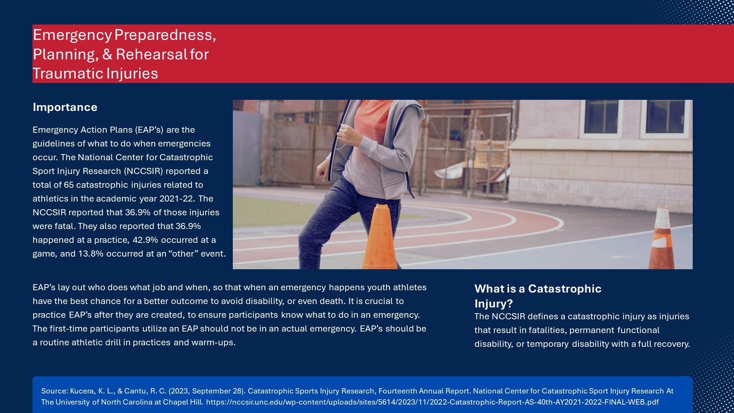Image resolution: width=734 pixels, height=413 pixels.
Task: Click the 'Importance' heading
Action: (65, 107)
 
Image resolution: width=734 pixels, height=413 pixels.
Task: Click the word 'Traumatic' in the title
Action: (68, 73)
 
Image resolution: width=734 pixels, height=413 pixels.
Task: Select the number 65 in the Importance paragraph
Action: (69, 185)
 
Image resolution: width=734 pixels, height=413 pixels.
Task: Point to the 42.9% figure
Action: (145, 240)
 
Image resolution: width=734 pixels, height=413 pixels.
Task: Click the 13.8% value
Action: (91, 254)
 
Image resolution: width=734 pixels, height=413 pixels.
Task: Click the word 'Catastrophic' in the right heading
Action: (565, 289)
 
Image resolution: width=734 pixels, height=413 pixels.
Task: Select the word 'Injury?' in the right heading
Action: (494, 304)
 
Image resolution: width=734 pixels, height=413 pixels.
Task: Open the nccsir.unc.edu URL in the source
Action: (432, 402)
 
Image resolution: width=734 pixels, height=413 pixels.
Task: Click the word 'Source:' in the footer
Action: (55, 391)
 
